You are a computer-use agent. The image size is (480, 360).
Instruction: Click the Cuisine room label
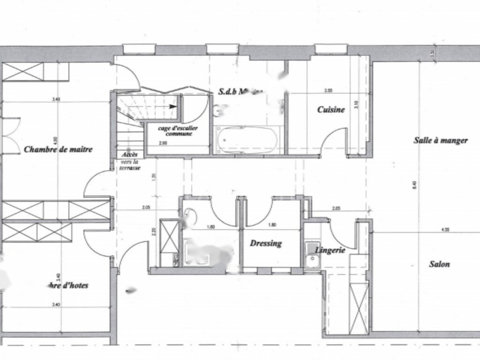331,110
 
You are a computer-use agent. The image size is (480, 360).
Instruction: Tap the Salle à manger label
441,140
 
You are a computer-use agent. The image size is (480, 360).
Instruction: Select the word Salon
440,264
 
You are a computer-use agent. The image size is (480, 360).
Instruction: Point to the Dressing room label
266,243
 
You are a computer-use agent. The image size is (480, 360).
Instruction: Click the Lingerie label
330,250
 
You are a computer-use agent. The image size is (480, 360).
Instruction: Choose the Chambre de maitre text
58,150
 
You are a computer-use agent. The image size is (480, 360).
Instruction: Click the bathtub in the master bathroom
247,139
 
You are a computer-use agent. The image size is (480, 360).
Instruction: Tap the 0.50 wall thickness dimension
433,53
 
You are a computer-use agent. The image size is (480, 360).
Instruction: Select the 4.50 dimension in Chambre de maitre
55,141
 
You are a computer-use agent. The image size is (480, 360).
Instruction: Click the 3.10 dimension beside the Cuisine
356,105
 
